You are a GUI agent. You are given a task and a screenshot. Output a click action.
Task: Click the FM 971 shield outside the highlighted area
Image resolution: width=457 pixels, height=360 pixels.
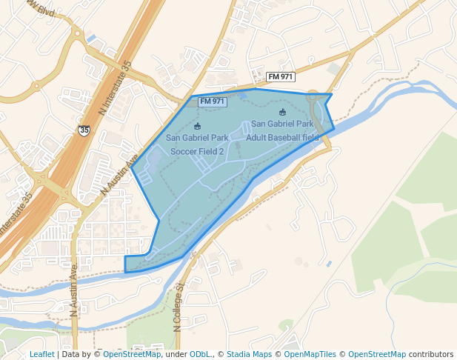[281, 76]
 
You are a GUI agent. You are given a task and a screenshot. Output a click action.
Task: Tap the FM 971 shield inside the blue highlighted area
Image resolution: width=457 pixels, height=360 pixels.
[213, 101]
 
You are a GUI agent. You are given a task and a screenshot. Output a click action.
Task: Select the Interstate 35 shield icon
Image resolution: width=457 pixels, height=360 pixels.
[84, 130]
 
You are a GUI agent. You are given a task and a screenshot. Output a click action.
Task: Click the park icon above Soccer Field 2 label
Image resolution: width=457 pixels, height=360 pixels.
[197, 126]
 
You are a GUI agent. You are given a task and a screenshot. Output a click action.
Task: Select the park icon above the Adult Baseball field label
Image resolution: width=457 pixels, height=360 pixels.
[282, 112]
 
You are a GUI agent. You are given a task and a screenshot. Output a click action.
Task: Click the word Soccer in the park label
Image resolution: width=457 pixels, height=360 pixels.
[184, 151]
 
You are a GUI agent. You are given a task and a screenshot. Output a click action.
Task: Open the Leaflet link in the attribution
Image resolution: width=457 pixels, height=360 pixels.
[41, 355]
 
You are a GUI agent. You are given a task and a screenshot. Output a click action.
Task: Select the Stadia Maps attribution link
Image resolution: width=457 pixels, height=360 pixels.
[249, 355]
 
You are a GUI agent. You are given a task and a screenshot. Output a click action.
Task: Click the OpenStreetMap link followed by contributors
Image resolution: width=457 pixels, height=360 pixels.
[377, 355]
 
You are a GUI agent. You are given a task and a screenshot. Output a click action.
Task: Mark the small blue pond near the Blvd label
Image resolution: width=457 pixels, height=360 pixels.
[91, 38]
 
